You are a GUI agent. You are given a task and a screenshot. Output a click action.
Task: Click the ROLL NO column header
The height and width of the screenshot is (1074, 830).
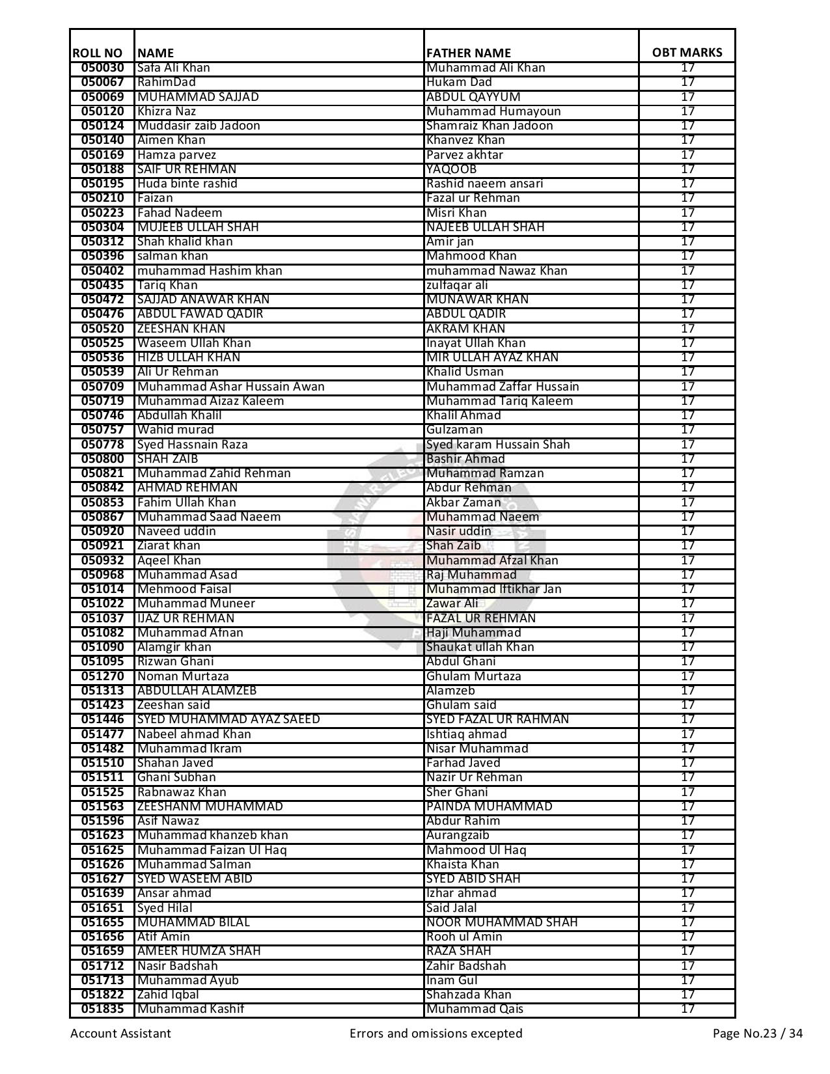[x=98, y=53]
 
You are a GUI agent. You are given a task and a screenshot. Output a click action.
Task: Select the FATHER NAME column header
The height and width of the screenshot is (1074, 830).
[x=468, y=53]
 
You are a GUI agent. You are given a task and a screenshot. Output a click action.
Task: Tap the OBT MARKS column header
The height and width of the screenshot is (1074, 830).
[x=687, y=53]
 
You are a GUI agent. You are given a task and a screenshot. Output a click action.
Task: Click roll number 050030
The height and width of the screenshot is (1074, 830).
[x=102, y=68]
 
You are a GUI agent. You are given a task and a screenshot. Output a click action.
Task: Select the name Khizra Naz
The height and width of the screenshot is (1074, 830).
[x=167, y=111]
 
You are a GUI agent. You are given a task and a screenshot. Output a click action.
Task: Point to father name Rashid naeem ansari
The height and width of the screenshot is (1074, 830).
[x=484, y=184]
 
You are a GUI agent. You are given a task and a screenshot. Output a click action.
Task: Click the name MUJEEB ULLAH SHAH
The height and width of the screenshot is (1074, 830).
[x=198, y=227]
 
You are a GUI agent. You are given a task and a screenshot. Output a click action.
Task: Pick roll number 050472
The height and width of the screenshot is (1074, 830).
[x=102, y=299]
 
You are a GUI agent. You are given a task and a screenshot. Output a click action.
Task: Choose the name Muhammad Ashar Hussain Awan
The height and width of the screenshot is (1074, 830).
[x=230, y=387]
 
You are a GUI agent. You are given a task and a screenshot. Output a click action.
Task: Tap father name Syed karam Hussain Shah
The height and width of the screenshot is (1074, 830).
[x=498, y=445]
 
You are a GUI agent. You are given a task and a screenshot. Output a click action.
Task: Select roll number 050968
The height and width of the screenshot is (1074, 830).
[x=102, y=575]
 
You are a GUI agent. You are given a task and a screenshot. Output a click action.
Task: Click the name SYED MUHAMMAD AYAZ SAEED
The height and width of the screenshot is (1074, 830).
[x=228, y=719]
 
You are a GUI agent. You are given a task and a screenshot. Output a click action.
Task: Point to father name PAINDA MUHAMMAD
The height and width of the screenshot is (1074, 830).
[x=489, y=806]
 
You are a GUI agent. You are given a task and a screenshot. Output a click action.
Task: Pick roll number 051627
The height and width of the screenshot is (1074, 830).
[x=102, y=879]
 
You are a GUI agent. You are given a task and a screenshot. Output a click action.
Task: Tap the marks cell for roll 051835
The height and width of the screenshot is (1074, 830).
[x=687, y=1009]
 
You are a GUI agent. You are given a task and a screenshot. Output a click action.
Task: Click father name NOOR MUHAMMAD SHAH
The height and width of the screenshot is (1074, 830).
[x=502, y=922]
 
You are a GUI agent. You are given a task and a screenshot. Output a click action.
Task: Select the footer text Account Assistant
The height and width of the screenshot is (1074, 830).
[x=120, y=1033]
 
